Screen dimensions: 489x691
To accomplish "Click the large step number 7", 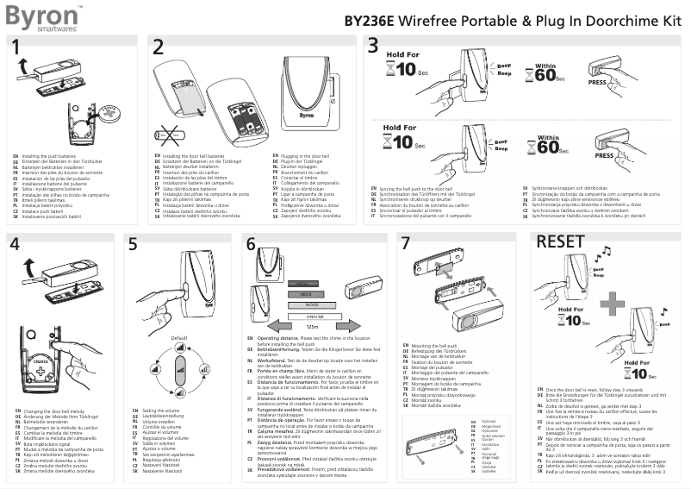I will pos(406,243).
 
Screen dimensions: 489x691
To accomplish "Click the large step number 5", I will pos(133,244).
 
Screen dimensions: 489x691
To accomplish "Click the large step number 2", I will pos(157,47).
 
